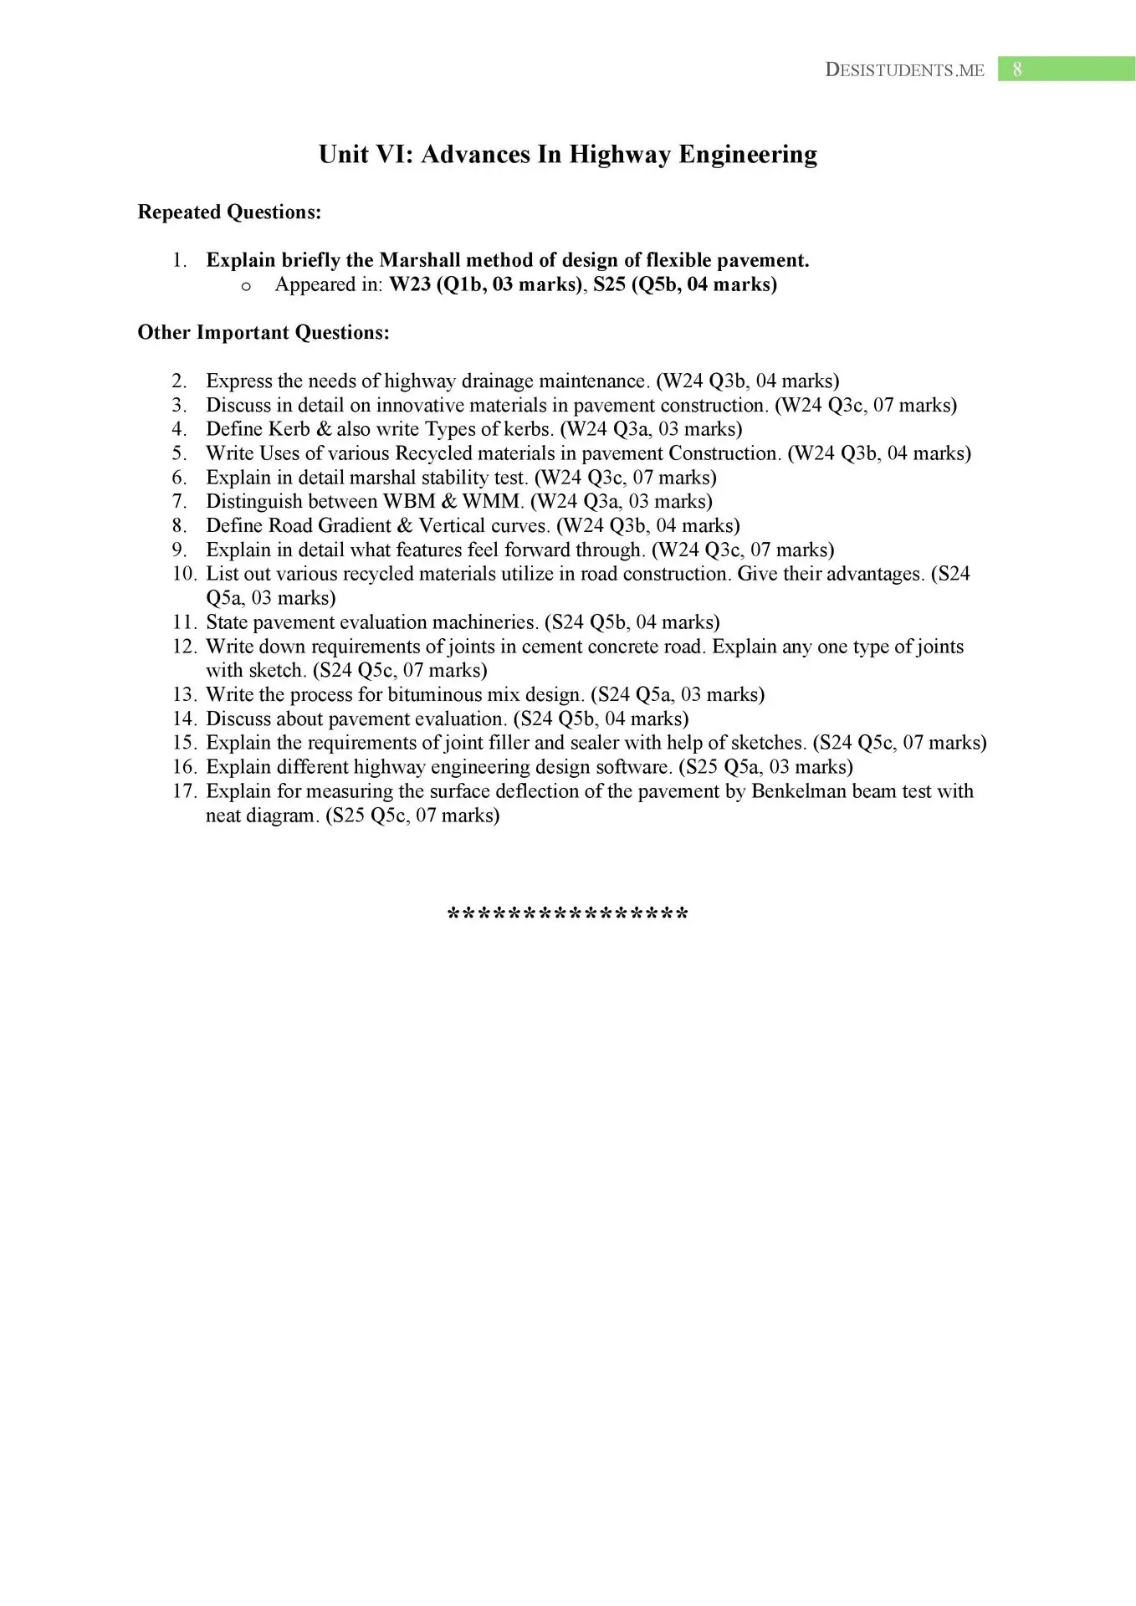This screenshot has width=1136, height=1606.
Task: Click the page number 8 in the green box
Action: (1016, 69)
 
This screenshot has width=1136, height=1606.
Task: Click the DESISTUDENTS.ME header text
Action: (904, 70)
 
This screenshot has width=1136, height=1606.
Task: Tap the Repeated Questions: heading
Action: (229, 212)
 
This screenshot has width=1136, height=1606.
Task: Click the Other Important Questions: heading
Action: (264, 333)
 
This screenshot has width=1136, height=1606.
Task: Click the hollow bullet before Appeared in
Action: (246, 286)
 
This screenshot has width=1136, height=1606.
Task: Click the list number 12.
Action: (184, 647)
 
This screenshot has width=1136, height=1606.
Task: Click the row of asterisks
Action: (568, 914)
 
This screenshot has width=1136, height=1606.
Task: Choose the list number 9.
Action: (180, 550)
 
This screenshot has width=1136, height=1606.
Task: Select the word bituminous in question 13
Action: (434, 695)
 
